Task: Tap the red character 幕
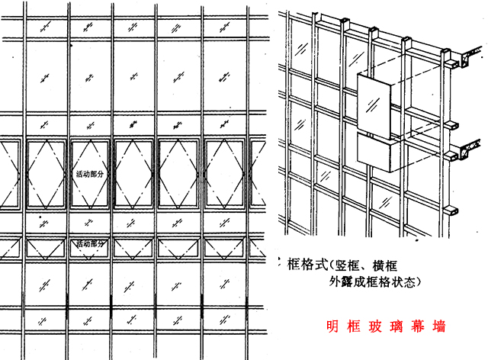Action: [x=418, y=326]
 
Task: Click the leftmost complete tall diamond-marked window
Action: [x=47, y=174]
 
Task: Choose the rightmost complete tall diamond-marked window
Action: [x=226, y=174]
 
